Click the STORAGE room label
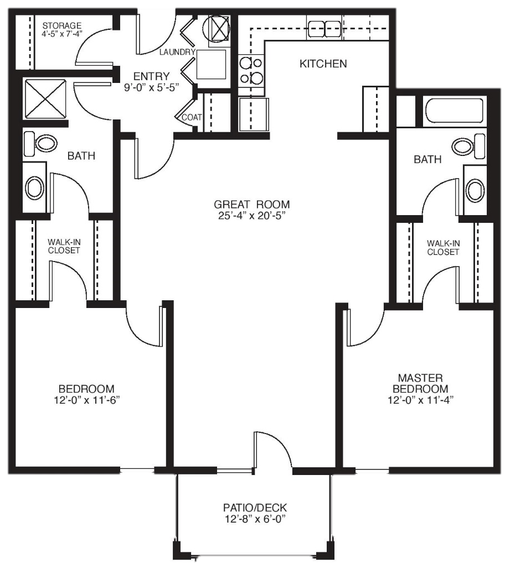[x=61, y=25]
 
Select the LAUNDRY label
[x=177, y=52]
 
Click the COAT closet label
[x=192, y=117]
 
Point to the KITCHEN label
[x=323, y=64]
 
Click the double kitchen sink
[x=324, y=29]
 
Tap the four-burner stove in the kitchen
[x=251, y=70]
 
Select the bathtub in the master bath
[x=455, y=110]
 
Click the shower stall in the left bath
[x=45, y=99]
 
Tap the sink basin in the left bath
[x=34, y=187]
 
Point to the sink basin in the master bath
[x=475, y=190]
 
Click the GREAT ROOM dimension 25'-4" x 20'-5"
[x=251, y=216]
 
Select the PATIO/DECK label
[x=255, y=508]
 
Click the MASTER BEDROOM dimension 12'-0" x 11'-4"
[x=420, y=400]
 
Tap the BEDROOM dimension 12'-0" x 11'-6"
[x=87, y=400]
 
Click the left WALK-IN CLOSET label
[x=64, y=247]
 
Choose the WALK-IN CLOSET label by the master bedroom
[x=443, y=248]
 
